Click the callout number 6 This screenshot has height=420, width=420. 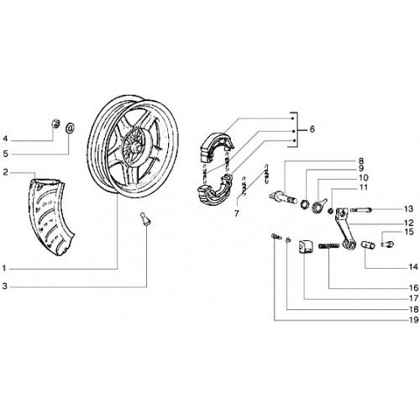pyautogui.click(x=312, y=129)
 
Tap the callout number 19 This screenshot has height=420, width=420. pyautogui.click(x=414, y=320)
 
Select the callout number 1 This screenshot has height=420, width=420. pyautogui.click(x=4, y=269)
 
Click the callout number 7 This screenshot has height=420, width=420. pyautogui.click(x=237, y=213)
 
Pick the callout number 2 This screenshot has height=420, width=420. pyautogui.click(x=5, y=172)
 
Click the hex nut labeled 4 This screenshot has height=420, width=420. pyautogui.click(x=56, y=123)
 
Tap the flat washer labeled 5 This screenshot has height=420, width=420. pyautogui.click(x=70, y=128)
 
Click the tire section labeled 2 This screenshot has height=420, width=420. pyautogui.click(x=50, y=216)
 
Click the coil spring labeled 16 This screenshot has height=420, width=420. pyautogui.click(x=329, y=246)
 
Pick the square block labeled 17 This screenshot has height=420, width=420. pyautogui.click(x=304, y=246)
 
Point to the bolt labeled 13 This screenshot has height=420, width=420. pyautogui.click(x=360, y=209)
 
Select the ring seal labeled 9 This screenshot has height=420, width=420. pyautogui.click(x=304, y=204)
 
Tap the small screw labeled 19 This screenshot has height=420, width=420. pyautogui.click(x=276, y=237)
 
